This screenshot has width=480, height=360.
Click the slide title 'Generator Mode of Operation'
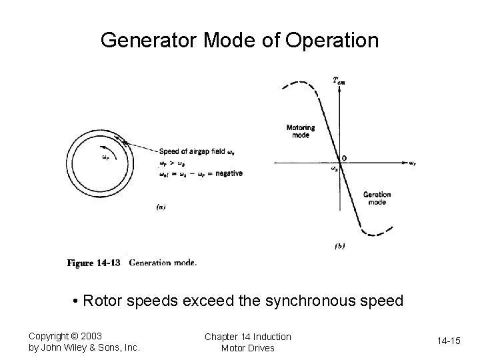pyautogui.click(x=239, y=41)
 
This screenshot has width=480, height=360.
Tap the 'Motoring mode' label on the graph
pyautogui.click(x=301, y=131)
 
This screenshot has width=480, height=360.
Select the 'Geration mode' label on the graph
pyautogui.click(x=377, y=198)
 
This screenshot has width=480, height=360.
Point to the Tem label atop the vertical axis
pyautogui.click(x=339, y=81)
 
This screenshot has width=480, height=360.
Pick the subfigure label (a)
pyautogui.click(x=161, y=207)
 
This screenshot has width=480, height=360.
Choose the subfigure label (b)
pyautogui.click(x=339, y=246)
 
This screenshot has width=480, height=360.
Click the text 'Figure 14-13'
pyautogui.click(x=93, y=263)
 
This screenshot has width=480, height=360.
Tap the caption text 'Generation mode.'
pyautogui.click(x=163, y=263)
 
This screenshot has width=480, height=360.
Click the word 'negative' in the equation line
pyautogui.click(x=228, y=173)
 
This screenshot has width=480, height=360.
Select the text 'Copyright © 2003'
pyautogui.click(x=65, y=335)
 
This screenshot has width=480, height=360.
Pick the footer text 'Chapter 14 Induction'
pyautogui.click(x=248, y=336)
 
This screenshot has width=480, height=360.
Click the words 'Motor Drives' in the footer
pyautogui.click(x=248, y=348)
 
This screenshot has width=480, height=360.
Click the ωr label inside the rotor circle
pyautogui.click(x=105, y=158)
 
